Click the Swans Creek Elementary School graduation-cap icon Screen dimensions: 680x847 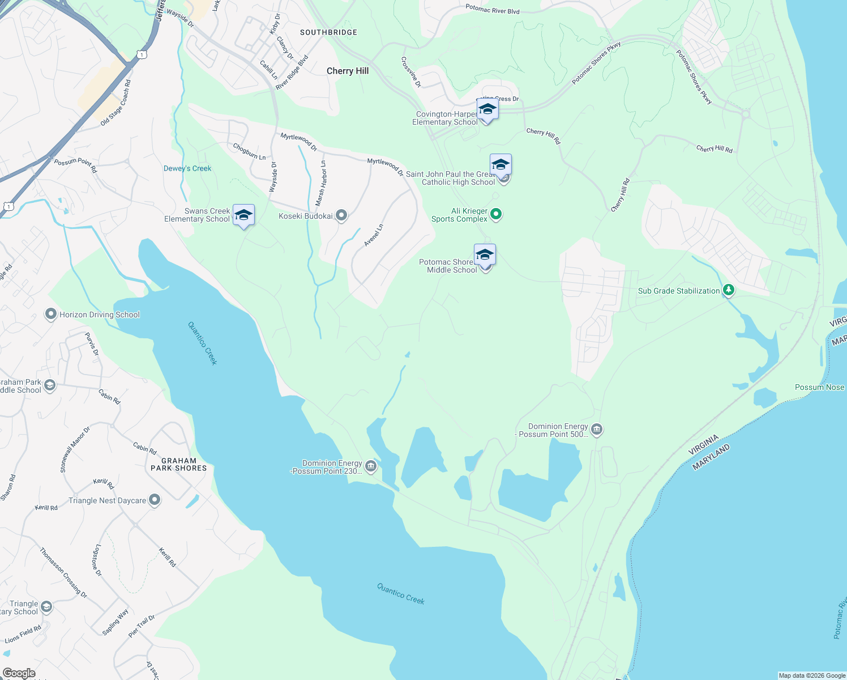click(x=243, y=215)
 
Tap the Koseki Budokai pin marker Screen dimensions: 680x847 click(x=341, y=215)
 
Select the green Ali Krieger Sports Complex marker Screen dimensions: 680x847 click(x=496, y=214)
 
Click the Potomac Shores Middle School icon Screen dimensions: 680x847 click(x=485, y=255)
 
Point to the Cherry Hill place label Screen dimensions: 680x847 click(x=348, y=71)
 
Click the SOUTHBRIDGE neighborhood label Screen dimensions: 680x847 click(x=328, y=32)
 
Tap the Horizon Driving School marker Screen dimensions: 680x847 click(x=50, y=314)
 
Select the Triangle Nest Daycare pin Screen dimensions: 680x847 click(x=155, y=500)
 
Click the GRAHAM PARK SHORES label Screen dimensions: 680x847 click(x=178, y=465)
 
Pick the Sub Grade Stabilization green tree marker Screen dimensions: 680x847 click(x=729, y=290)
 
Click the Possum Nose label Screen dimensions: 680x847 click(x=819, y=387)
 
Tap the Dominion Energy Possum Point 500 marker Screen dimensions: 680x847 click(x=596, y=430)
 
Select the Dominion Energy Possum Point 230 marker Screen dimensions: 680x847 click(x=371, y=466)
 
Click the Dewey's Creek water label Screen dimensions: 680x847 click(x=187, y=168)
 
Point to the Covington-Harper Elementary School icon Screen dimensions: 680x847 click(x=487, y=109)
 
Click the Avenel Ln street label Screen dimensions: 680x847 click(x=374, y=235)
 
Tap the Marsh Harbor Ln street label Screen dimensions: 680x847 click(x=321, y=183)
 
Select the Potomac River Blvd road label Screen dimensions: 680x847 click(x=492, y=10)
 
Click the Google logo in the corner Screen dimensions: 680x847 click(x=19, y=673)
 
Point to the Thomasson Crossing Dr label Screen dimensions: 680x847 click(x=63, y=572)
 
